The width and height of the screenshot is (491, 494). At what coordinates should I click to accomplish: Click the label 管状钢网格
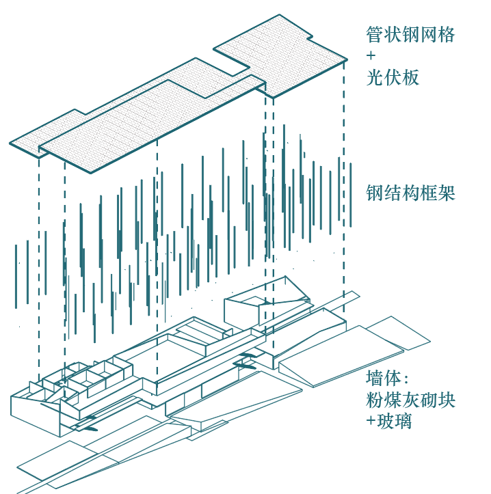(x=410, y=35)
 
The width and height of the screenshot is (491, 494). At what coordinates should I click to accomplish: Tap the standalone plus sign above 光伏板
(x=371, y=56)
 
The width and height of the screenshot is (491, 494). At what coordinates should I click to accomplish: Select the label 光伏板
(x=392, y=77)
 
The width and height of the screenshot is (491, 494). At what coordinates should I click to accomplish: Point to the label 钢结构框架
(x=410, y=193)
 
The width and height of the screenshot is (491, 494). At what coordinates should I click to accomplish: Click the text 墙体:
(x=387, y=379)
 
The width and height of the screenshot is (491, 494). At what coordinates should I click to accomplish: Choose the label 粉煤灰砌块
(x=410, y=400)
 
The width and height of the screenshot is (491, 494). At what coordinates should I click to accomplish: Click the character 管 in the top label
(x=375, y=35)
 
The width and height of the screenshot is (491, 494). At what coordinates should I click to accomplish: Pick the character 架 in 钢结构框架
(x=447, y=193)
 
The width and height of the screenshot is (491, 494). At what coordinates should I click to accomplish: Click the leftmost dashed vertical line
(x=39, y=266)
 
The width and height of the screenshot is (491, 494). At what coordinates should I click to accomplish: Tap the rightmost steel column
(x=351, y=194)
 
